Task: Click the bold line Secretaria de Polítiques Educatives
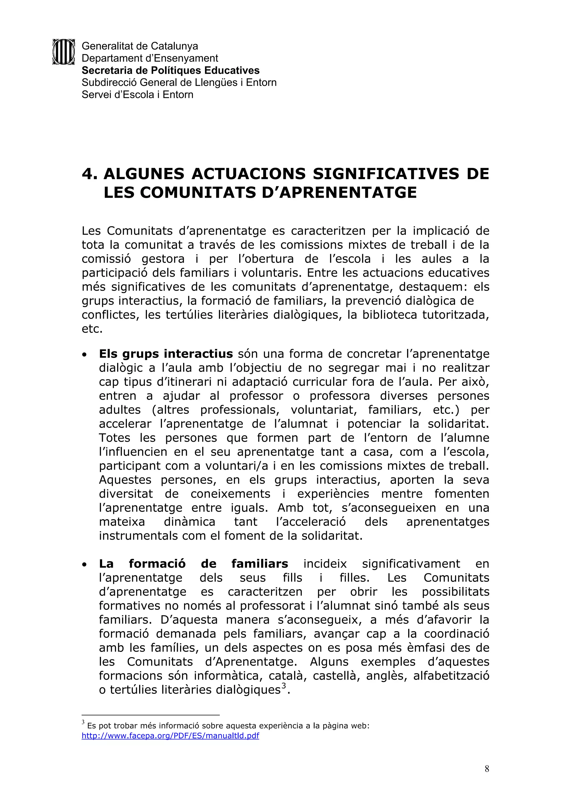click(x=170, y=70)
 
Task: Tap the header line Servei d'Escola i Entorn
click(x=137, y=95)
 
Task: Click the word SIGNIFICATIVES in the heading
click(x=386, y=174)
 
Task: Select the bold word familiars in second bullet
click(x=260, y=564)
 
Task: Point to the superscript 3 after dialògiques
click(x=284, y=686)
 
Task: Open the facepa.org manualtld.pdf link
click(x=170, y=736)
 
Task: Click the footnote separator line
click(x=150, y=715)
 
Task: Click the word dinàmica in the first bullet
click(x=189, y=522)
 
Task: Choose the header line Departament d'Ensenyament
click(x=150, y=58)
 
